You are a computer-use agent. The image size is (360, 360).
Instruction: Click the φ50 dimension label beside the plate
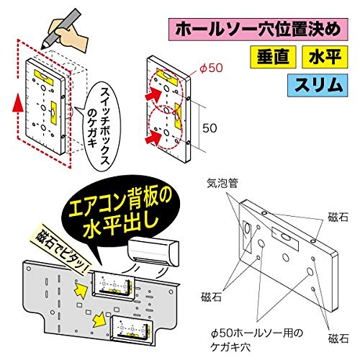pos(207,68)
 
